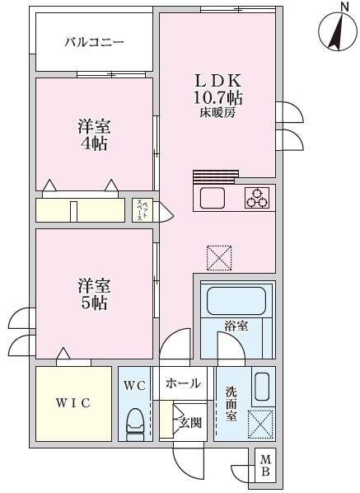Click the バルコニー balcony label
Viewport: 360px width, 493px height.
[x=94, y=42]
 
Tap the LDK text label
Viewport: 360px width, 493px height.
[x=218, y=81]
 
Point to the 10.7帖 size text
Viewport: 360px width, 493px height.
[x=217, y=98]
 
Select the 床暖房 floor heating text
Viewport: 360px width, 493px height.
[x=217, y=113]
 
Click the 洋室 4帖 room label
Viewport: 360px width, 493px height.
[x=94, y=135]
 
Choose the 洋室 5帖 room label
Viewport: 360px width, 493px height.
[x=94, y=294]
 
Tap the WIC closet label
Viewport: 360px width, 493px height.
[x=73, y=403]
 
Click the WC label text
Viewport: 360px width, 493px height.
[x=135, y=386]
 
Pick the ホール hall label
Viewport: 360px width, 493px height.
[x=183, y=383]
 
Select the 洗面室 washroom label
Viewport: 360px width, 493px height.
[x=231, y=404]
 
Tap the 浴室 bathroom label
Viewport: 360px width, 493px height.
[x=236, y=326]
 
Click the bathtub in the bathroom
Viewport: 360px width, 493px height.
[x=236, y=300]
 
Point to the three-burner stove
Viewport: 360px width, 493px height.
[x=257, y=198]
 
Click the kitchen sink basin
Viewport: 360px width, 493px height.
[x=213, y=198]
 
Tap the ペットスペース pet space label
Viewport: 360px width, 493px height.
[x=143, y=210]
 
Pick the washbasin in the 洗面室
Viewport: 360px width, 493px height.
[x=261, y=387]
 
